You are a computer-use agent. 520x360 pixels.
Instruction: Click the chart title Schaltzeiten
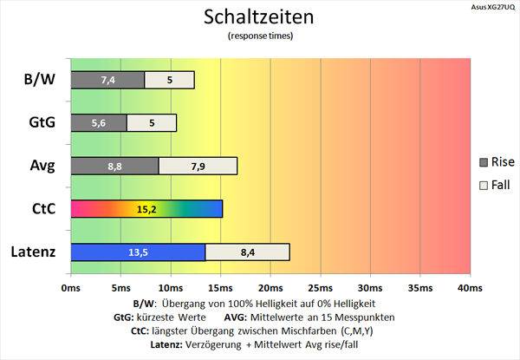click(260, 17)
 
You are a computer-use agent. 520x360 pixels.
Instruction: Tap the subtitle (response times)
click(260, 36)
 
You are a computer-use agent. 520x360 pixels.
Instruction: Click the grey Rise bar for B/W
click(107, 80)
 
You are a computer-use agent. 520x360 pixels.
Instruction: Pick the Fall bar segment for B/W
click(170, 80)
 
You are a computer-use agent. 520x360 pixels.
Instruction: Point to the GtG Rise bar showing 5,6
click(98, 123)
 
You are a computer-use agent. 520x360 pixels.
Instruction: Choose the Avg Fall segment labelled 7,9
click(198, 166)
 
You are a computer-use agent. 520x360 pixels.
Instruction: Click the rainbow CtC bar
click(146, 209)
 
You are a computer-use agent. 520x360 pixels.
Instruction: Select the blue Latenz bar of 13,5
click(138, 252)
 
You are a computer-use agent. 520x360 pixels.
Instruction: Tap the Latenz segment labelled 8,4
click(247, 252)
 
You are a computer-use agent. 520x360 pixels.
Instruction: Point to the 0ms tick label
click(70, 287)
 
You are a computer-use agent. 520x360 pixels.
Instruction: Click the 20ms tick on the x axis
click(270, 287)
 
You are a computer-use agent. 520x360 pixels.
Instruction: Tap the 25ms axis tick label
click(320, 287)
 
